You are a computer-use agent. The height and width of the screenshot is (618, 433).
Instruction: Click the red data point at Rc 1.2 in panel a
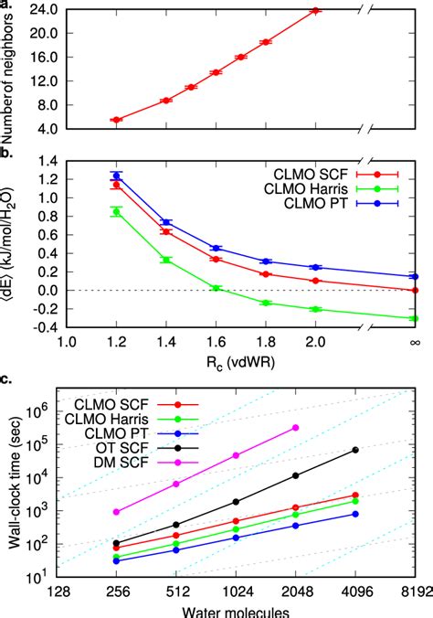tap(116, 120)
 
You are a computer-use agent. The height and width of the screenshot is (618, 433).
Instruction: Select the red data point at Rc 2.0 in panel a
tap(316, 11)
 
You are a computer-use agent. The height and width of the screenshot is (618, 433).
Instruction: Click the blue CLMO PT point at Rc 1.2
tap(116, 176)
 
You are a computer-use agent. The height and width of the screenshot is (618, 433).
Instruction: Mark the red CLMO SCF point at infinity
tap(415, 290)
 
